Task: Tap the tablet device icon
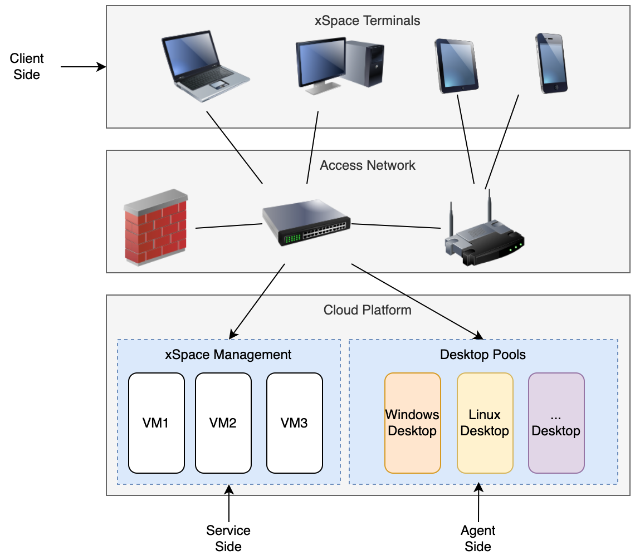tap(456, 65)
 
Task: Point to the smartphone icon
tap(551, 62)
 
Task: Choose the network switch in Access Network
tap(306, 223)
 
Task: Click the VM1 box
tap(156, 423)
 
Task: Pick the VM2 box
tap(223, 423)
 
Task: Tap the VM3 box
tap(294, 423)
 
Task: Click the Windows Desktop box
tap(412, 423)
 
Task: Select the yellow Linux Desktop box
tap(485, 423)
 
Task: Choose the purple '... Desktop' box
tap(556, 423)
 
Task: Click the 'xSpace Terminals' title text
tap(368, 21)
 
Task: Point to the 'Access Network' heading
tap(368, 165)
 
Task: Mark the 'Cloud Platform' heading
tap(368, 310)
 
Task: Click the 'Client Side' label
tap(27, 66)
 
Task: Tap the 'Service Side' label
tap(228, 538)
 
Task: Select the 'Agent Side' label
tap(478, 538)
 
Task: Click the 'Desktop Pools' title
tap(483, 355)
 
